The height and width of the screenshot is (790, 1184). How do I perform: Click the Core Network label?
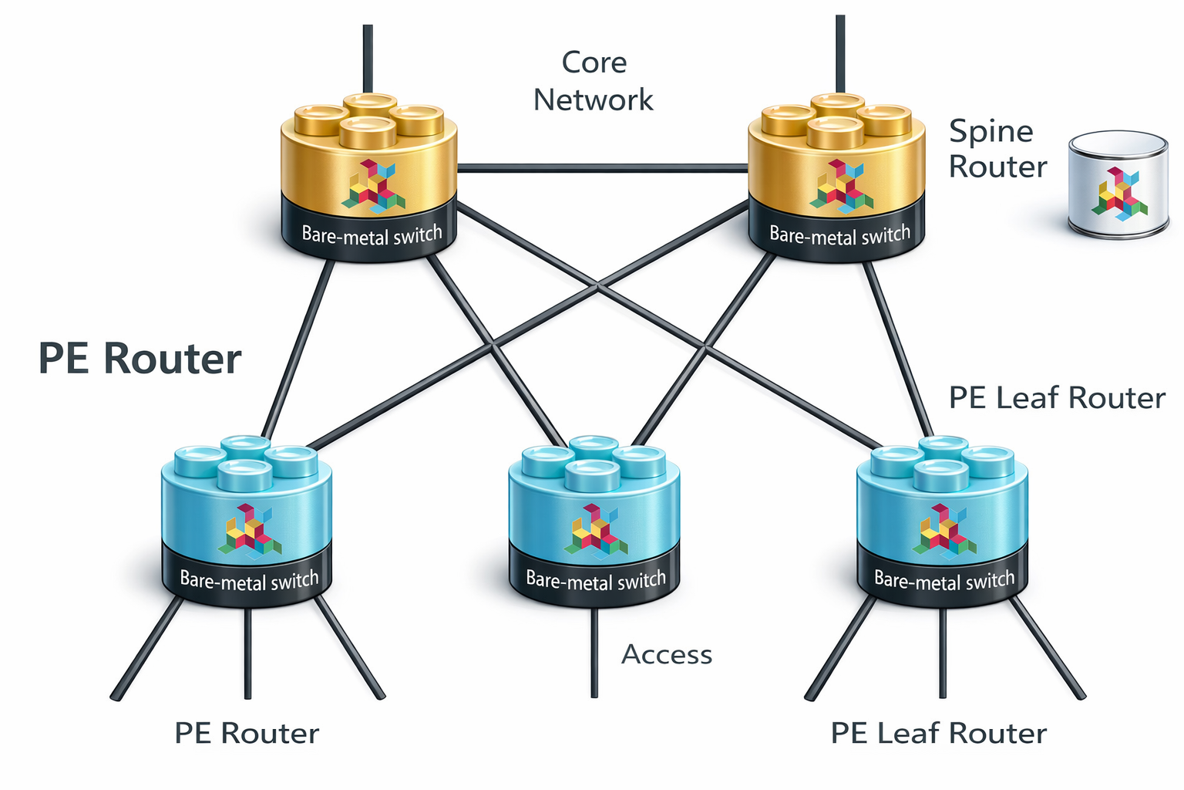(593, 81)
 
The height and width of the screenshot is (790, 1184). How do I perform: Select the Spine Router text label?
(997, 149)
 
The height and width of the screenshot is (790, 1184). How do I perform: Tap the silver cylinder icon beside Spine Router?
(1118, 185)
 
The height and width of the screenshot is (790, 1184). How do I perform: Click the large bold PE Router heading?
(140, 359)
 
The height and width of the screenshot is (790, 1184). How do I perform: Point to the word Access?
(667, 654)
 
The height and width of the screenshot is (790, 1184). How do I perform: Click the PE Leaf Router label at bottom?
(938, 733)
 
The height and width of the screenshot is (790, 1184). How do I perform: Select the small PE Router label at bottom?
(247, 733)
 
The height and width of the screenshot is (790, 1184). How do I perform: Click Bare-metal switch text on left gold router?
(372, 235)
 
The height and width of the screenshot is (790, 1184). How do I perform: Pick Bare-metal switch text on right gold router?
(839, 235)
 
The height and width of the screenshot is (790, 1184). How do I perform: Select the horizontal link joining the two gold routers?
(603, 167)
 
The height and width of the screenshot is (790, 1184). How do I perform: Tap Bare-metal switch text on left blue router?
(249, 580)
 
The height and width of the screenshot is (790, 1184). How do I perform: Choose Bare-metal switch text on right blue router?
(944, 580)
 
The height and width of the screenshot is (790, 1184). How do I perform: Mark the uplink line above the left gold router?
(368, 58)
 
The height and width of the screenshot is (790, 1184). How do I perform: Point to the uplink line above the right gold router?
(840, 54)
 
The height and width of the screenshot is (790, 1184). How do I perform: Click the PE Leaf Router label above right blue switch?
(1056, 398)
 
